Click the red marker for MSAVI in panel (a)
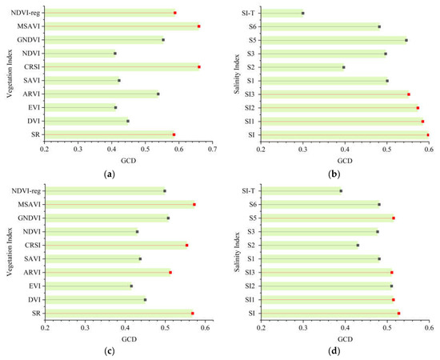point(199,26)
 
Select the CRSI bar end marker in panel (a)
point(199,67)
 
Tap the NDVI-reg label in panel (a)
point(25,13)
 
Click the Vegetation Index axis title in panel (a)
point(6,73)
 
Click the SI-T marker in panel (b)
point(302,13)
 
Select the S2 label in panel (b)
point(250,67)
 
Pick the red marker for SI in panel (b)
point(428,134)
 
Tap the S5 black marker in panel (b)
point(406,40)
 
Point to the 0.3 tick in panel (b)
point(302,149)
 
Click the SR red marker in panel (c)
point(193,313)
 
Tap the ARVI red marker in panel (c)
point(170,272)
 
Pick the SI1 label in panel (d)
point(249,299)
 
